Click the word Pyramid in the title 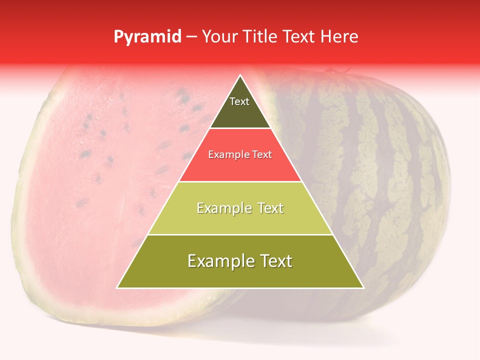[147, 37]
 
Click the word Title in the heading [260, 37]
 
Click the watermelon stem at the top [330, 71]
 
